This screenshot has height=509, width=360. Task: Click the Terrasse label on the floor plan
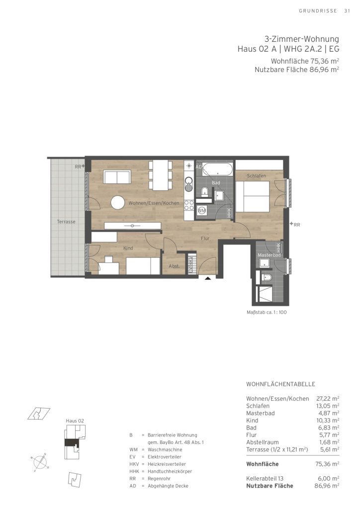tap(66, 222)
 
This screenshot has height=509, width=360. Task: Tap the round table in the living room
tap(117, 203)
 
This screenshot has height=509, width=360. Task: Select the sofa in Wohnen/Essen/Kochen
tap(117, 177)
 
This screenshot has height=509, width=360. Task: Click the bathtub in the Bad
tap(218, 169)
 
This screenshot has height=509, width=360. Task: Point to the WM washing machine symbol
tap(202, 210)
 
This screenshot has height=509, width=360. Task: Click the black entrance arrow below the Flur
tap(208, 278)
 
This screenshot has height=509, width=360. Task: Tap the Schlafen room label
tap(257, 176)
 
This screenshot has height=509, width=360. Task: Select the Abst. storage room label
tap(174, 266)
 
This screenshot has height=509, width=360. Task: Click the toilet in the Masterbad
tap(266, 277)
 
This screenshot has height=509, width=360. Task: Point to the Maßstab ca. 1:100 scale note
tap(267, 313)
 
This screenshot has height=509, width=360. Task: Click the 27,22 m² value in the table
tap(328, 399)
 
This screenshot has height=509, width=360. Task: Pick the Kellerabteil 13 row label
tap(265, 479)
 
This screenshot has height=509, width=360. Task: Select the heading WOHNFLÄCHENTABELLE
tap(281, 384)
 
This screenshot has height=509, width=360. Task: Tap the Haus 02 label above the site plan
tap(75, 421)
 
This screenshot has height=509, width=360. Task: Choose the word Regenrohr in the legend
tap(159, 479)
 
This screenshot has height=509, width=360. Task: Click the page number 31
tap(347, 11)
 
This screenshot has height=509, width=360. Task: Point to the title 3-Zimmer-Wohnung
tap(302, 39)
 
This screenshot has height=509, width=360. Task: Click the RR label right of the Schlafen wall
tap(297, 225)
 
